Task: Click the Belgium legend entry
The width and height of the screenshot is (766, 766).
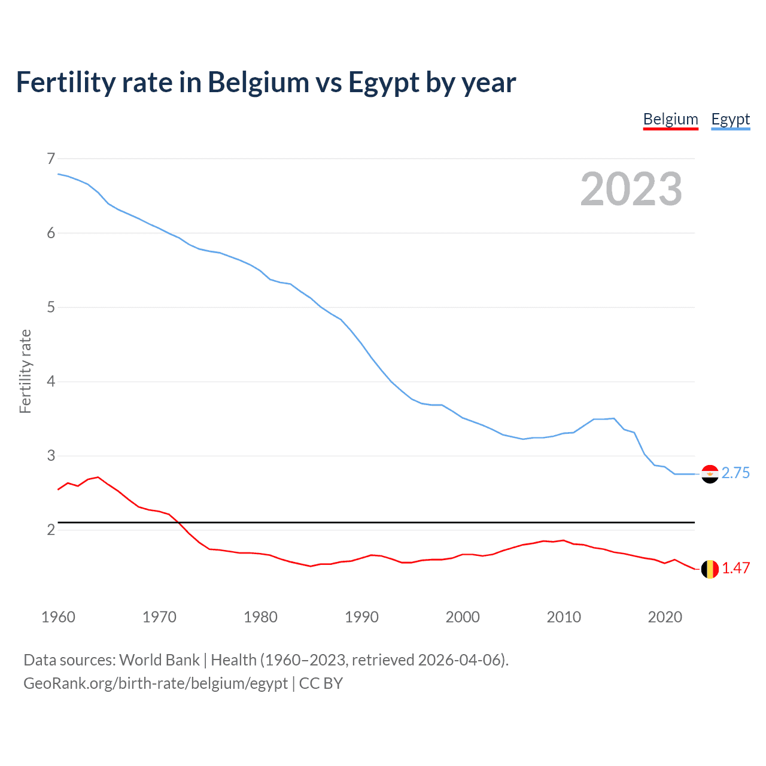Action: (670, 119)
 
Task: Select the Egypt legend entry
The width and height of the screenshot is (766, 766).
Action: (730, 119)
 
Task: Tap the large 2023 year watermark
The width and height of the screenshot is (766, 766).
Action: (631, 189)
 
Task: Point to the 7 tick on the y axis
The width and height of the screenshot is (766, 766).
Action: (51, 159)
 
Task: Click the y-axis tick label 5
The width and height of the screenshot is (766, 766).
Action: (51, 308)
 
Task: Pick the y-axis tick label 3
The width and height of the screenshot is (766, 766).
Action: (51, 456)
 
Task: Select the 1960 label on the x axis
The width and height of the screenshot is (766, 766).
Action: (58, 617)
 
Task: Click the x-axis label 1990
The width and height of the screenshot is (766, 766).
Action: (361, 617)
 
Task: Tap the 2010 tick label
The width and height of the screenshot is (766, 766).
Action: (564, 617)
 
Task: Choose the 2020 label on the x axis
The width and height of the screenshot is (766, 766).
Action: (665, 617)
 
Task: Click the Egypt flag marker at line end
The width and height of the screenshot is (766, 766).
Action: (710, 474)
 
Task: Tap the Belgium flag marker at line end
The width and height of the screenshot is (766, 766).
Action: (710, 569)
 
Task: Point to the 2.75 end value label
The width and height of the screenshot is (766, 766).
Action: (735, 473)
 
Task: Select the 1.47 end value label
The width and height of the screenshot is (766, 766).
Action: (735, 569)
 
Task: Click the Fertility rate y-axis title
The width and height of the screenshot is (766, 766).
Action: (25, 371)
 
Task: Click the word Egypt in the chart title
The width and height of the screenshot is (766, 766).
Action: (384, 83)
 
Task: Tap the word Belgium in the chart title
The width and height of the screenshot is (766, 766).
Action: (259, 83)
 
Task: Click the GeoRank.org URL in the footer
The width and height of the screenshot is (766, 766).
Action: (156, 683)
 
